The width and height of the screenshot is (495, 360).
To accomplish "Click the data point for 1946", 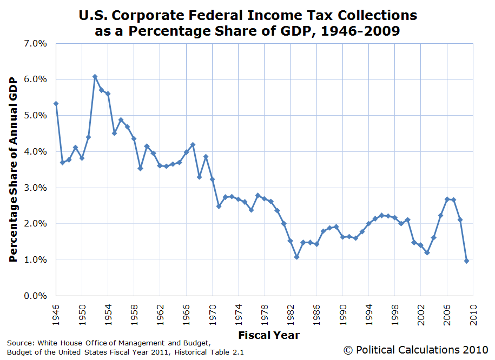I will [x=56, y=104].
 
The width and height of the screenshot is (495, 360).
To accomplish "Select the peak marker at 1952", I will [x=95, y=77].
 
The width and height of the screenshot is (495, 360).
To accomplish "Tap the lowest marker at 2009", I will [x=466, y=261].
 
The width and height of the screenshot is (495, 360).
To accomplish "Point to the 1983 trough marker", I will [x=297, y=257].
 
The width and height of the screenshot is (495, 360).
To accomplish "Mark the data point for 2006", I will [x=447, y=199].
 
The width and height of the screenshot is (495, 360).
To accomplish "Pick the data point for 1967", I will [x=193, y=145].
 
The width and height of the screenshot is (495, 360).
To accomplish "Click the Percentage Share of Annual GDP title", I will [x=14, y=169].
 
